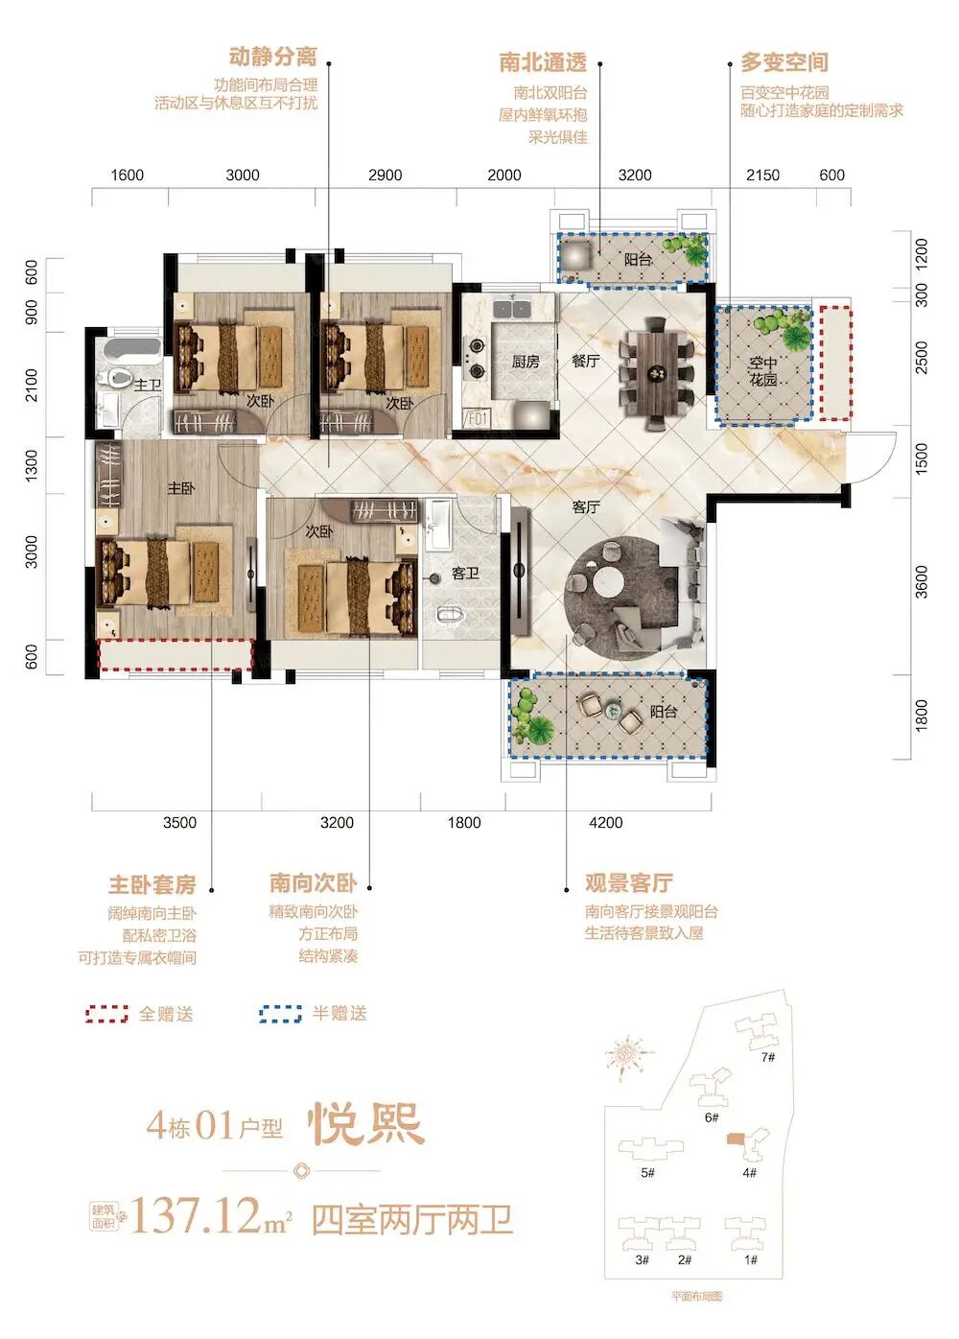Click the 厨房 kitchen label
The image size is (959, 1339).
[x=525, y=362]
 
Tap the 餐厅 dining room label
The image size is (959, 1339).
[x=585, y=361]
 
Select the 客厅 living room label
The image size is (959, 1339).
[x=585, y=506]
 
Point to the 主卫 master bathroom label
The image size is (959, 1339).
[x=147, y=386]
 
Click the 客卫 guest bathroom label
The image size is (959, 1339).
[x=465, y=573]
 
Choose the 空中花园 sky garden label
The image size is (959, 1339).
[x=763, y=371]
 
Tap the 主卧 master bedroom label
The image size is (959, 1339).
[x=181, y=488]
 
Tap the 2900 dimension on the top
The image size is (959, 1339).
[x=385, y=175]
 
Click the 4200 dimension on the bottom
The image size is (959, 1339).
[x=605, y=822]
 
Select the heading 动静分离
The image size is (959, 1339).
[x=272, y=57]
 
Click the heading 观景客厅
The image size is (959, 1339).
[x=628, y=883]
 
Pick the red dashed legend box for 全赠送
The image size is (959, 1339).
[x=106, y=1014]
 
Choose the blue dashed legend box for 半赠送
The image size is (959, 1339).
[x=280, y=1014]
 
